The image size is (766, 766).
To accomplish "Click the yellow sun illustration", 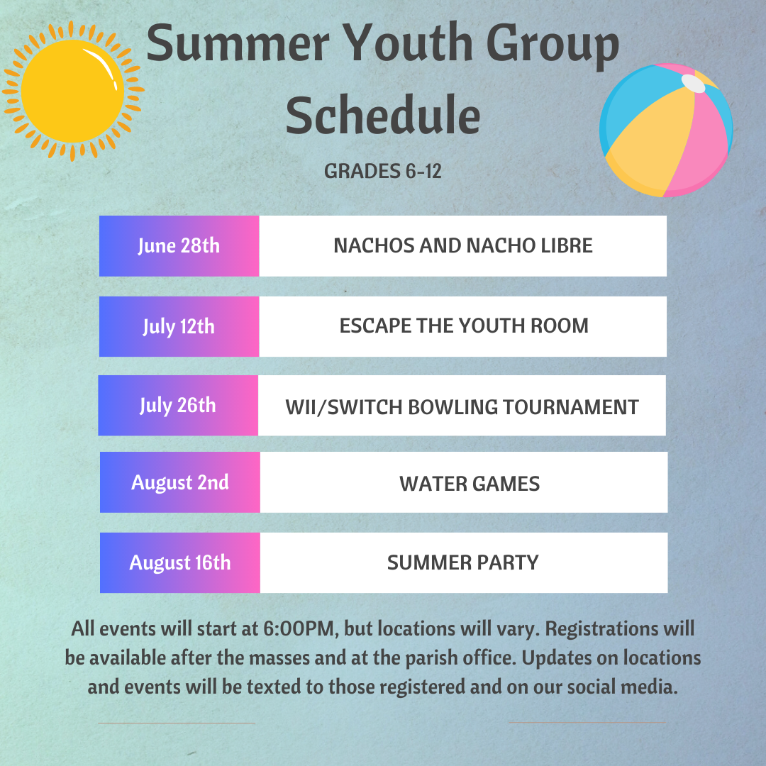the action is tap(73, 91).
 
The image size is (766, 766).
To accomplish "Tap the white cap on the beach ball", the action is tap(693, 84).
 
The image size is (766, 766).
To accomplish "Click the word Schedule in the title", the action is tap(383, 116).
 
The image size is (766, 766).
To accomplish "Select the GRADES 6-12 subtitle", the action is tap(383, 172).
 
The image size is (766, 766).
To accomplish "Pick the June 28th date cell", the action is tap(179, 245).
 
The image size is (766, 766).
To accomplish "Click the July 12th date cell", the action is tap(179, 326).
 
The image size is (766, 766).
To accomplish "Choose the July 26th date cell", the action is tap(178, 406).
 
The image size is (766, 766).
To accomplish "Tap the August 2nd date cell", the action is tap(179, 482).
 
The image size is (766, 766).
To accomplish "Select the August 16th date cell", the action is tap(179, 562).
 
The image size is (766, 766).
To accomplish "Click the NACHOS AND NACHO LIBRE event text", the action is tap(463, 245).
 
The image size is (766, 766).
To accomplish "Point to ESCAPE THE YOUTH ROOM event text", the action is tap(464, 326).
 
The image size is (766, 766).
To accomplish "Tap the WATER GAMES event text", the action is tap(470, 484).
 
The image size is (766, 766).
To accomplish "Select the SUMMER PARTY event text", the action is tap(462, 562).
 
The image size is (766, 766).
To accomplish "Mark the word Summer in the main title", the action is tap(238, 44).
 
